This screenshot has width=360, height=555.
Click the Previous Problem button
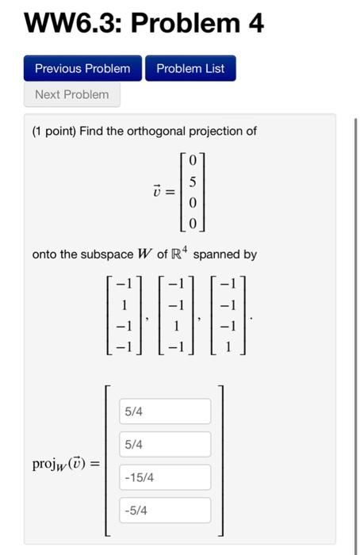[x=82, y=68]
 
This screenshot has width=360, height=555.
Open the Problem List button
[x=190, y=68]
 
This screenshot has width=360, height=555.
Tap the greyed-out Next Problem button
[x=72, y=94]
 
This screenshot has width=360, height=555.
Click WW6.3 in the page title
[x=72, y=24]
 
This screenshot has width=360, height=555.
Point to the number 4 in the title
[x=255, y=24]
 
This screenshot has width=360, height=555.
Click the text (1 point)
[x=54, y=131]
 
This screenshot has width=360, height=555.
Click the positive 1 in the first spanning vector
[x=122, y=302]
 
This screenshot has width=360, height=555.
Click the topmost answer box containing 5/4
[x=166, y=411]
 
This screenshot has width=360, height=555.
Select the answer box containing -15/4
[x=166, y=477]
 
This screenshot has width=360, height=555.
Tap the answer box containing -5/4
[x=166, y=511]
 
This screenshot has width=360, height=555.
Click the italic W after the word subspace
[x=144, y=255]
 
